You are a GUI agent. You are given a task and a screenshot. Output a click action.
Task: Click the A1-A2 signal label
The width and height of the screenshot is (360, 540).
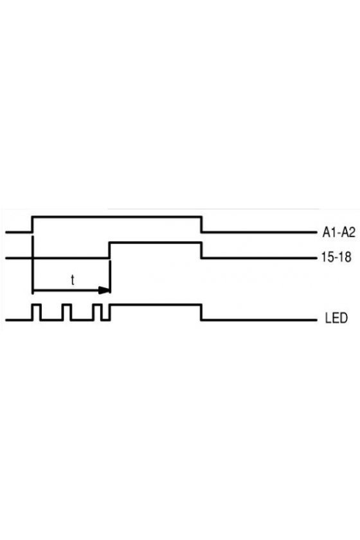click(338, 233)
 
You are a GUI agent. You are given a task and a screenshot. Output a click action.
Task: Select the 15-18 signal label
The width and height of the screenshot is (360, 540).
click(336, 257)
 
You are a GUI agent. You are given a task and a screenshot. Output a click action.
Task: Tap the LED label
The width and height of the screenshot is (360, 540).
click(336, 318)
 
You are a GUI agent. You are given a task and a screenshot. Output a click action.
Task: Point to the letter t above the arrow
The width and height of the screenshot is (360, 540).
click(73, 280)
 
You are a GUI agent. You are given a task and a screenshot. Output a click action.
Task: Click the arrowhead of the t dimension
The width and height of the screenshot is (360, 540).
click(104, 291)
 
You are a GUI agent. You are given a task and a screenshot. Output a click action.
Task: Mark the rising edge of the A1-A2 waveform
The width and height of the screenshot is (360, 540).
click(32, 224)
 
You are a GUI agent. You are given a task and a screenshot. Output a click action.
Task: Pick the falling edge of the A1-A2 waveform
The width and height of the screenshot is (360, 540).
click(201, 224)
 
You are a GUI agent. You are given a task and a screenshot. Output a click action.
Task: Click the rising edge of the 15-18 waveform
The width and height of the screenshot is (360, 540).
click(109, 250)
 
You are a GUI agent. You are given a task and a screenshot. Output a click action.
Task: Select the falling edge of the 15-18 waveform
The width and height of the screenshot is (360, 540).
click(201, 250)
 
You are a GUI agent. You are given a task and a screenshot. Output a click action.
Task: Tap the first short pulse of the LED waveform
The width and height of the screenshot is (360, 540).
click(37, 305)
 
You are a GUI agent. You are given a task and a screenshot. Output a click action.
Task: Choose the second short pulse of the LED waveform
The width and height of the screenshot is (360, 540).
click(67, 305)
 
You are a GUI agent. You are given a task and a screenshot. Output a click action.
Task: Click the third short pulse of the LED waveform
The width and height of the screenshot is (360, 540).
click(98, 305)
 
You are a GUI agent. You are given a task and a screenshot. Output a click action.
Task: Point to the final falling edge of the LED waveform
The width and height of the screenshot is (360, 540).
click(201, 312)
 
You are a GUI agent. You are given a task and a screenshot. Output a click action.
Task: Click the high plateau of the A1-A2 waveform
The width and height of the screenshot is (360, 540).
click(117, 217)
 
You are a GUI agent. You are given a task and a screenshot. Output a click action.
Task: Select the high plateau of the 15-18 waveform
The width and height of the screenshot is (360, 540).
click(155, 243)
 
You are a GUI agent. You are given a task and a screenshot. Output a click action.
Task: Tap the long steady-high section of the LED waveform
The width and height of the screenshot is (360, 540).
click(156, 305)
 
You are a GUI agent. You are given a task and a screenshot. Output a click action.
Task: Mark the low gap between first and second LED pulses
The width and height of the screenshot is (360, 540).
click(51, 320)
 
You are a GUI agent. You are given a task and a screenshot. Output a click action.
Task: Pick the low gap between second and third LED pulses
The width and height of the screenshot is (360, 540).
click(82, 320)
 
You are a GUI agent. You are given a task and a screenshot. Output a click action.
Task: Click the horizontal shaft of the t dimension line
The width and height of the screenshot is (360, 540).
click(66, 291)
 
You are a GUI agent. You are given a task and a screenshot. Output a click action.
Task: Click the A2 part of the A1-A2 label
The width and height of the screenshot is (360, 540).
click(348, 233)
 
